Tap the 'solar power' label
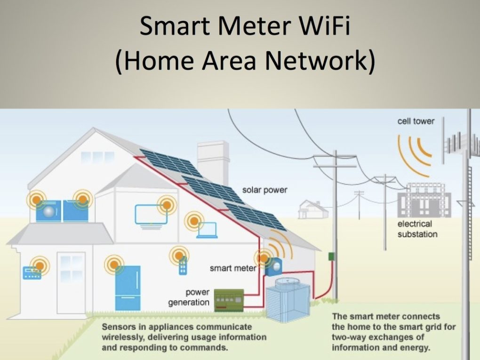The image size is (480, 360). [264, 190]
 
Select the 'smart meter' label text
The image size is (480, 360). [233, 268]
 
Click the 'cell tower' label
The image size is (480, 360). [416, 121]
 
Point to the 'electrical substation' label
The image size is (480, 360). [417, 229]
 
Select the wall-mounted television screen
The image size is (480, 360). [151, 214]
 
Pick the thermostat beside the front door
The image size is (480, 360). [32, 272]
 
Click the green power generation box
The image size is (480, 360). [229, 300]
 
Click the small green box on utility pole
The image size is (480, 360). [331, 257]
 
